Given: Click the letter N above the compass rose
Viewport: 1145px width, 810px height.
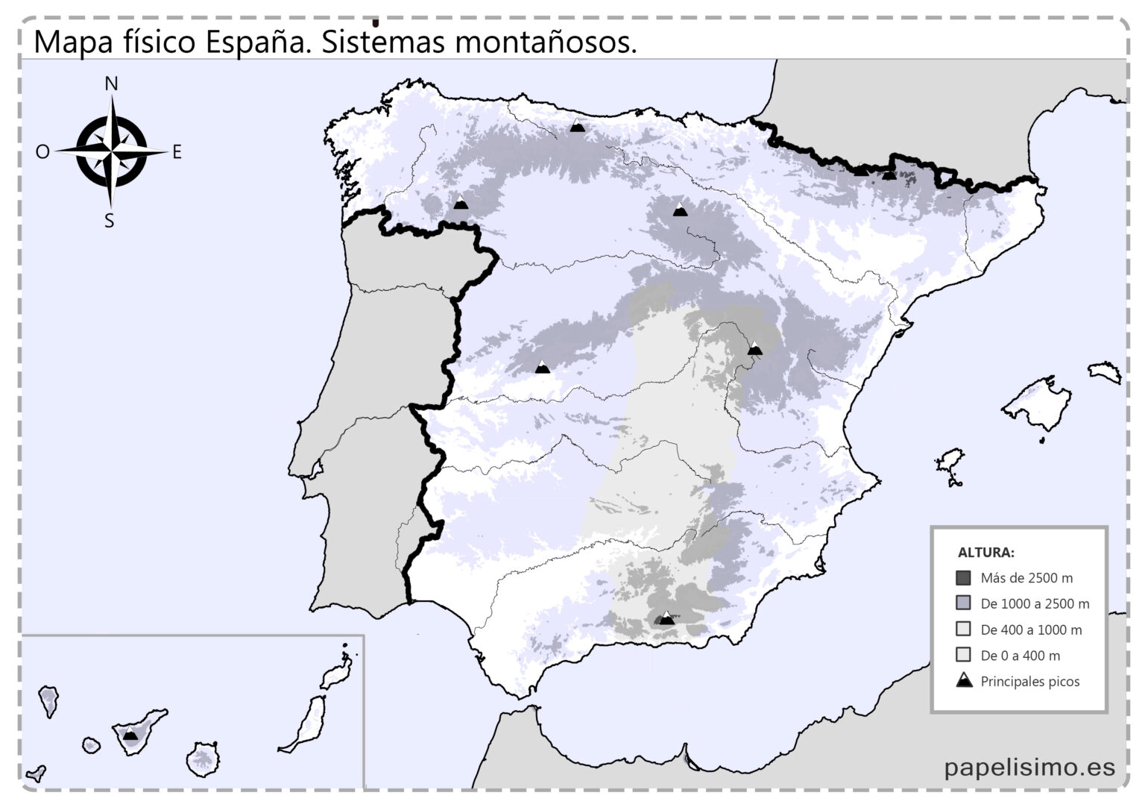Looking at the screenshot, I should pos(111,84).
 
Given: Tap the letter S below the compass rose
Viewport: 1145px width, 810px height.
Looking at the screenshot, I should pos(110,221).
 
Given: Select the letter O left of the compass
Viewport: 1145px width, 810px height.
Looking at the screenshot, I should pos(42,152).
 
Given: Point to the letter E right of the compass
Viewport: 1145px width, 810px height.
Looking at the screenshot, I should pos(177,152).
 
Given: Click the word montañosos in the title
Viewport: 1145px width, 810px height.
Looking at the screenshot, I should pos(546,43).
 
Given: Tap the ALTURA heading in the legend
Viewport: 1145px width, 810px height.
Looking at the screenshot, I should pos(985,553).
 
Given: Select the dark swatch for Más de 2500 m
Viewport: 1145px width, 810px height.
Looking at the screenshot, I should pos(963,578).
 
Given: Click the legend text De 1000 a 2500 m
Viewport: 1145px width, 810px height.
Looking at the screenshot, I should pos(1035,603).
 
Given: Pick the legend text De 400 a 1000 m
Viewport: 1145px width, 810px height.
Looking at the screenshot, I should pos(1031,630).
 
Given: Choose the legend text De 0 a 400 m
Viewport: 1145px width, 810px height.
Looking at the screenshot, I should pos(1020,656).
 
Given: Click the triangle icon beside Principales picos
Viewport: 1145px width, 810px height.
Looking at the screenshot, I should pos(964,680).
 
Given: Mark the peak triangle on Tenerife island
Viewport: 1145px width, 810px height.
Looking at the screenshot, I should pos(130,734).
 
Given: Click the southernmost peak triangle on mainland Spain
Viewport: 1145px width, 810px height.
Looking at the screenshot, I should pos(666,618).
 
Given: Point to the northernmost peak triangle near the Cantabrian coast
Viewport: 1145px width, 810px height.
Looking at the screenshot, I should pos(577,126).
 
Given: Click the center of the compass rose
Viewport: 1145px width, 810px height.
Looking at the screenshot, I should pos(111,152).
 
